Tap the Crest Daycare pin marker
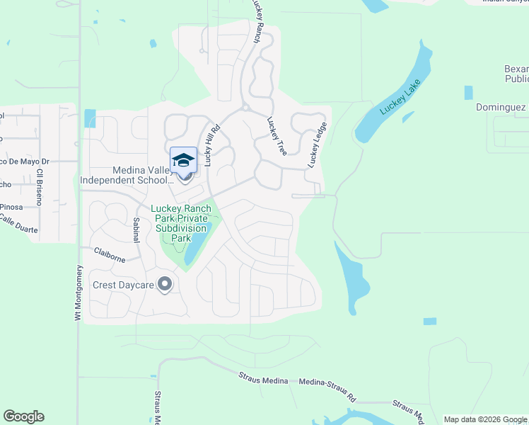(165, 285)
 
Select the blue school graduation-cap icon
(183, 159)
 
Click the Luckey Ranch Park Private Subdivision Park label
(180, 224)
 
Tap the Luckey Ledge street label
(318, 145)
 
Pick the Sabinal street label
(136, 232)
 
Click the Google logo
(23, 416)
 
